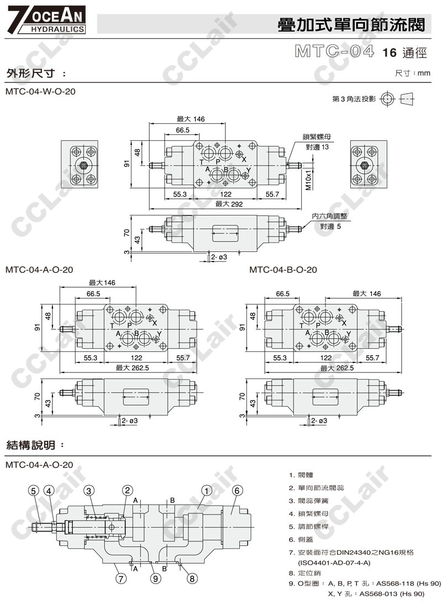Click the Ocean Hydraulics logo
45,19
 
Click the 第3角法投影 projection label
354,99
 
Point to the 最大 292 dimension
225,204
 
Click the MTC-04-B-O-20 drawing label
283,270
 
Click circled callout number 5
33,490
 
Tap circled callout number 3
90,490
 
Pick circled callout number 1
206,490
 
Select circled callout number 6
236,490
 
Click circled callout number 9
156,579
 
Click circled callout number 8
192,579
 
